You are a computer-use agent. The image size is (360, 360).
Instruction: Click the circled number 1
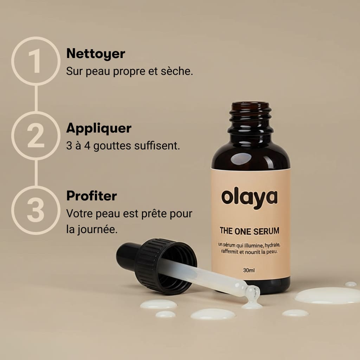pyautogui.click(x=36, y=61)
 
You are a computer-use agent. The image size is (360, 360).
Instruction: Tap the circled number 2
pyautogui.click(x=36, y=136)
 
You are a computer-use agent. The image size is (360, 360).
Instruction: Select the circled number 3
pyautogui.click(x=36, y=210)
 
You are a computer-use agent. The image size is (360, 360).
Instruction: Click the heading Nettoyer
pyautogui.click(x=96, y=54)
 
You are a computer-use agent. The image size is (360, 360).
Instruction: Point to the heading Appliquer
pyautogui.click(x=99, y=128)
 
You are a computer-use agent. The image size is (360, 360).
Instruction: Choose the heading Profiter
pyautogui.click(x=91, y=196)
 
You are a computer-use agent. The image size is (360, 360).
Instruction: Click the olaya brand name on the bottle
pyautogui.click(x=249, y=198)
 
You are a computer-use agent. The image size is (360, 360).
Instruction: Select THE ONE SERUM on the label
pyautogui.click(x=249, y=231)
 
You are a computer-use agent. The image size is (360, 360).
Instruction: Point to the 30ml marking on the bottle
pyautogui.click(x=249, y=271)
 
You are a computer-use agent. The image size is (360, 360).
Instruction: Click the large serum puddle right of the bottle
pyautogui.click(x=327, y=295)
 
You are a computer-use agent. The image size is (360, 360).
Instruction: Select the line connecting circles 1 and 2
pyautogui.click(x=36, y=98)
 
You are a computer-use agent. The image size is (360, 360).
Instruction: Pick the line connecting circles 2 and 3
pyautogui.click(x=36, y=173)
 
